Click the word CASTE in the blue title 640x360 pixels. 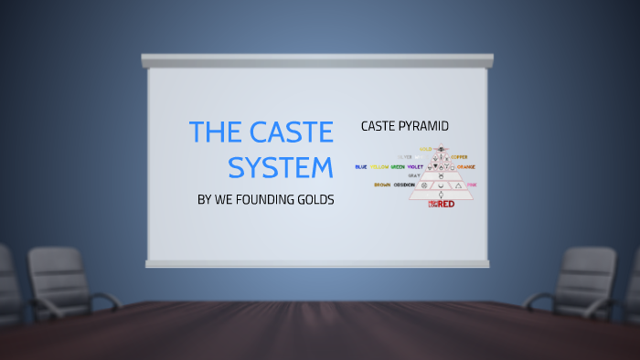coord(286,133)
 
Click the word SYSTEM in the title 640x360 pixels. coord(281,169)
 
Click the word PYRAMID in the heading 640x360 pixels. coord(428,125)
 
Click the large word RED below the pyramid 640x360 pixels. coord(445,204)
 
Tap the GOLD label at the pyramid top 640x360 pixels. coord(425,148)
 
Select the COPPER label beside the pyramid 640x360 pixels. coord(460,157)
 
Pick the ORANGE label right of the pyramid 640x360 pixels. coord(466,167)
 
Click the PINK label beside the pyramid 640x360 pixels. coord(472,185)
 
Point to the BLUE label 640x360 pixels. coord(361,167)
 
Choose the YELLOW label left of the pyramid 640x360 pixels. coord(379,167)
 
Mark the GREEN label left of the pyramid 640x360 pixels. coord(398,167)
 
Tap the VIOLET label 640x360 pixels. coord(415,167)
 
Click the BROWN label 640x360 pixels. coord(382,185)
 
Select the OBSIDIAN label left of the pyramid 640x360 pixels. coord(403,185)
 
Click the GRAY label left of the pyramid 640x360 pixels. coord(414,175)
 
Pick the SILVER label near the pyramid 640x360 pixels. coord(406,157)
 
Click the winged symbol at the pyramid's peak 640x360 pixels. coord(442,148)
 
